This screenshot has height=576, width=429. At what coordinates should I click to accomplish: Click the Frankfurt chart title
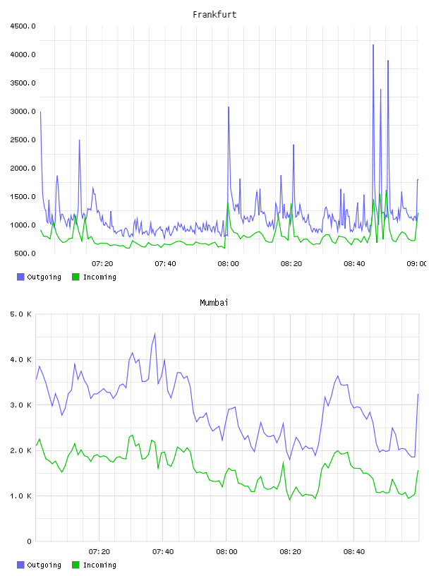(x=214, y=15)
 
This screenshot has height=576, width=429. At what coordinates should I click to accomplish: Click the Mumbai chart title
(x=214, y=303)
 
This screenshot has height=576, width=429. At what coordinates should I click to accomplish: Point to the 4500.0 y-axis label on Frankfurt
(x=23, y=26)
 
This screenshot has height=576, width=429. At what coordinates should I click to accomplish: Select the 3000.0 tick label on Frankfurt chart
(x=23, y=112)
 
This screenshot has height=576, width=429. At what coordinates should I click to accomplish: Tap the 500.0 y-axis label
(x=25, y=253)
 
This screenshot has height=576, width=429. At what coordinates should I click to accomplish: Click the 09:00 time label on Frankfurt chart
(x=417, y=264)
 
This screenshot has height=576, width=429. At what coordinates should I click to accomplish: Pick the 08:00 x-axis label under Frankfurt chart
(x=228, y=264)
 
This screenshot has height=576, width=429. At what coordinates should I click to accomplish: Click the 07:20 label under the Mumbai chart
(x=99, y=552)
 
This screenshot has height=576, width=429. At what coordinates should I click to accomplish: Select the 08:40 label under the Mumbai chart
(x=354, y=552)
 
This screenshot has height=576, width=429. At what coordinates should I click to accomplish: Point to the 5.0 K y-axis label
(x=21, y=314)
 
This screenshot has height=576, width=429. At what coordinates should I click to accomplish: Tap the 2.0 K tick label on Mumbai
(x=21, y=451)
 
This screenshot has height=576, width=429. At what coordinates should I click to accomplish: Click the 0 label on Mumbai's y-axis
(x=30, y=541)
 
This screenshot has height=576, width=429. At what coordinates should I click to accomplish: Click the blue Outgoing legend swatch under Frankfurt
(x=20, y=277)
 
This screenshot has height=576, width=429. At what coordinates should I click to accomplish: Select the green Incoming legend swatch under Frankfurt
(x=75, y=277)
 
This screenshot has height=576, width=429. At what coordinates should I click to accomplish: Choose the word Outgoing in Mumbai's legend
(x=44, y=565)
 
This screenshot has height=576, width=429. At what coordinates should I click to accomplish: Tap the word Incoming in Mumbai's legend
(x=99, y=565)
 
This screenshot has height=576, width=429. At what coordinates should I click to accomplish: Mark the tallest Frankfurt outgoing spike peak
(x=373, y=44)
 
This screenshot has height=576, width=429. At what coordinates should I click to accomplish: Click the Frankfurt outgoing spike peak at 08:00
(x=229, y=107)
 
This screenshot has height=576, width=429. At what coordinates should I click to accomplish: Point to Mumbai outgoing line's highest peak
(x=155, y=334)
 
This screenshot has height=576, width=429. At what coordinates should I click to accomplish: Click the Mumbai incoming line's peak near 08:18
(x=283, y=462)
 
